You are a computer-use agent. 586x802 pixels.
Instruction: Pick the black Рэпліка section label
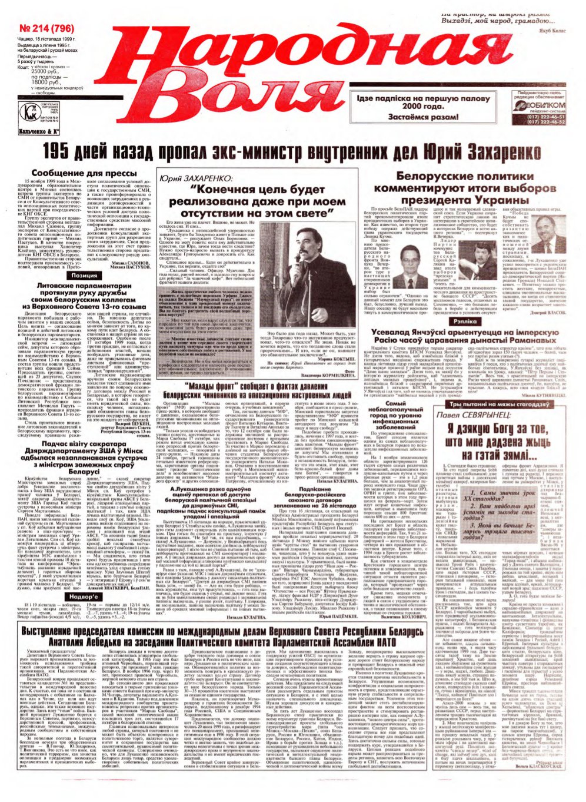(466, 322)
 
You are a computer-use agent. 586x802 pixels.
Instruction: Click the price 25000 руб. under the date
(52, 71)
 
